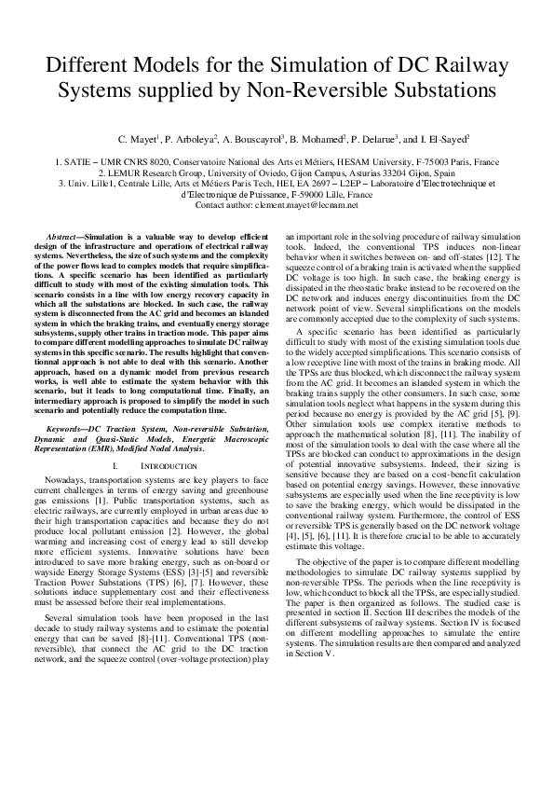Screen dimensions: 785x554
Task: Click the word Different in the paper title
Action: click(x=92, y=68)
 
